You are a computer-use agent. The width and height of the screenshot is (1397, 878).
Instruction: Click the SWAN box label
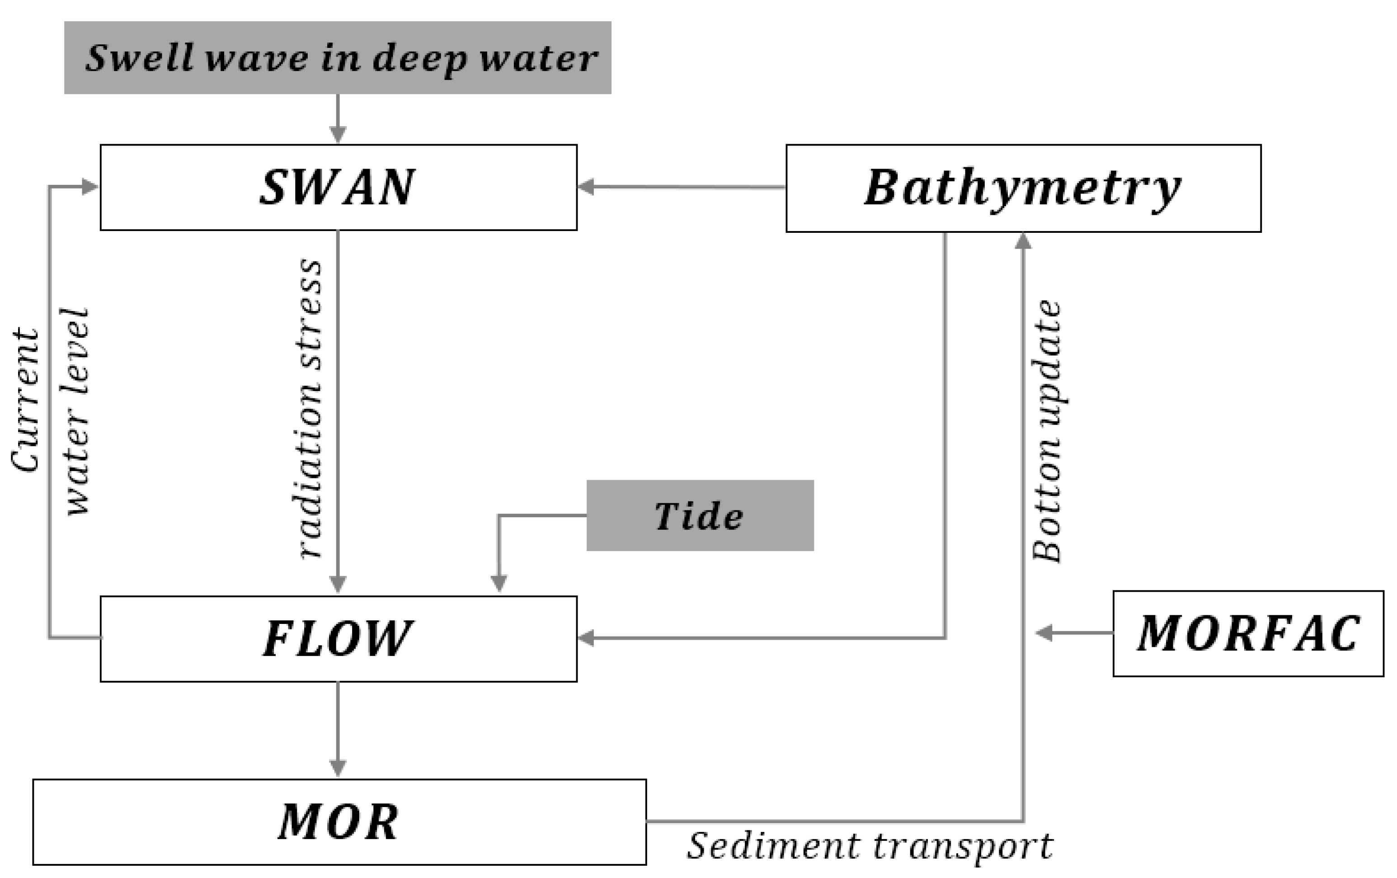click(x=337, y=188)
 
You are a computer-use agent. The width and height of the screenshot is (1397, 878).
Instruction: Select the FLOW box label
click(x=337, y=638)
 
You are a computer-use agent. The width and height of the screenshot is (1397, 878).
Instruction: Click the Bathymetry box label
click(x=1022, y=188)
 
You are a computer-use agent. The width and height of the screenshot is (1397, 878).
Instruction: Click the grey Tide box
click(x=699, y=515)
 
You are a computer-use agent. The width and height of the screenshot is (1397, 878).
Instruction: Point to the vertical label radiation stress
click(x=311, y=409)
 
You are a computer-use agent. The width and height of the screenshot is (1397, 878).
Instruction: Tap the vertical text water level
click(x=77, y=412)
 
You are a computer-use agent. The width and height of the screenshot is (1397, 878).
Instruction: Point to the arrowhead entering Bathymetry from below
click(x=1023, y=240)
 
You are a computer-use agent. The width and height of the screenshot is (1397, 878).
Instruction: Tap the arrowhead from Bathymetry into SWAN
click(x=586, y=187)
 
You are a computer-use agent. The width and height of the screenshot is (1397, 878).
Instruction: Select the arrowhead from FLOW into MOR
click(x=338, y=768)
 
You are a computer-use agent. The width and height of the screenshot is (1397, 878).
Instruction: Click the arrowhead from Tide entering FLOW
click(x=499, y=583)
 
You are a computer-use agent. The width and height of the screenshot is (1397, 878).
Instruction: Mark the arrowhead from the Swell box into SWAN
click(x=338, y=135)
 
